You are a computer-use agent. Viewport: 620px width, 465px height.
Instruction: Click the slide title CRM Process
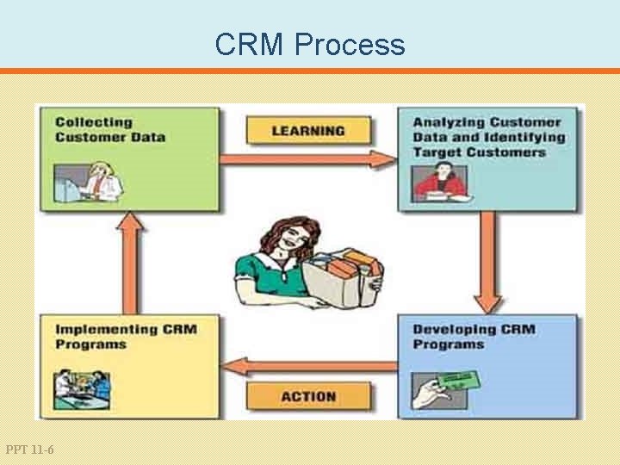coord(310,44)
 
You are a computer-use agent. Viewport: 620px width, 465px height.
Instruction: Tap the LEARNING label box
coord(308,131)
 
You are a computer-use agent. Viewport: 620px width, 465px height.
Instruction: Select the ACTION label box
coord(308,396)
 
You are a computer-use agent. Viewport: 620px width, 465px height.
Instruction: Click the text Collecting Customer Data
coord(109,129)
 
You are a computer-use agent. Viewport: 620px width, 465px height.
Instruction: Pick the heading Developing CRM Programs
coord(473,336)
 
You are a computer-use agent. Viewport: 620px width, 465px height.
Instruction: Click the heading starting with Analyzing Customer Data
coord(487,137)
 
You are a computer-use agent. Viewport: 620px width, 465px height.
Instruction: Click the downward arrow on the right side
coord(487,263)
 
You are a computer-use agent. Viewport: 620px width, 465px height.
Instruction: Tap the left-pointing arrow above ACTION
coord(308,366)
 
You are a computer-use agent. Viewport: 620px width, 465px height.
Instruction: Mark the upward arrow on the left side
coord(131,263)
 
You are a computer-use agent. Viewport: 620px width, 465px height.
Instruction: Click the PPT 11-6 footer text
coord(29,449)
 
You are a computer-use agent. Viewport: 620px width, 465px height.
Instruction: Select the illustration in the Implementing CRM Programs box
coord(83,388)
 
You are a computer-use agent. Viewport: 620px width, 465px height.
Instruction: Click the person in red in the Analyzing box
coord(438,180)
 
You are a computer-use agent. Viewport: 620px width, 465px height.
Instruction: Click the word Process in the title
coord(349,44)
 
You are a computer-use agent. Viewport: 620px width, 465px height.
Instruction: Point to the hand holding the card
coord(428,394)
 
